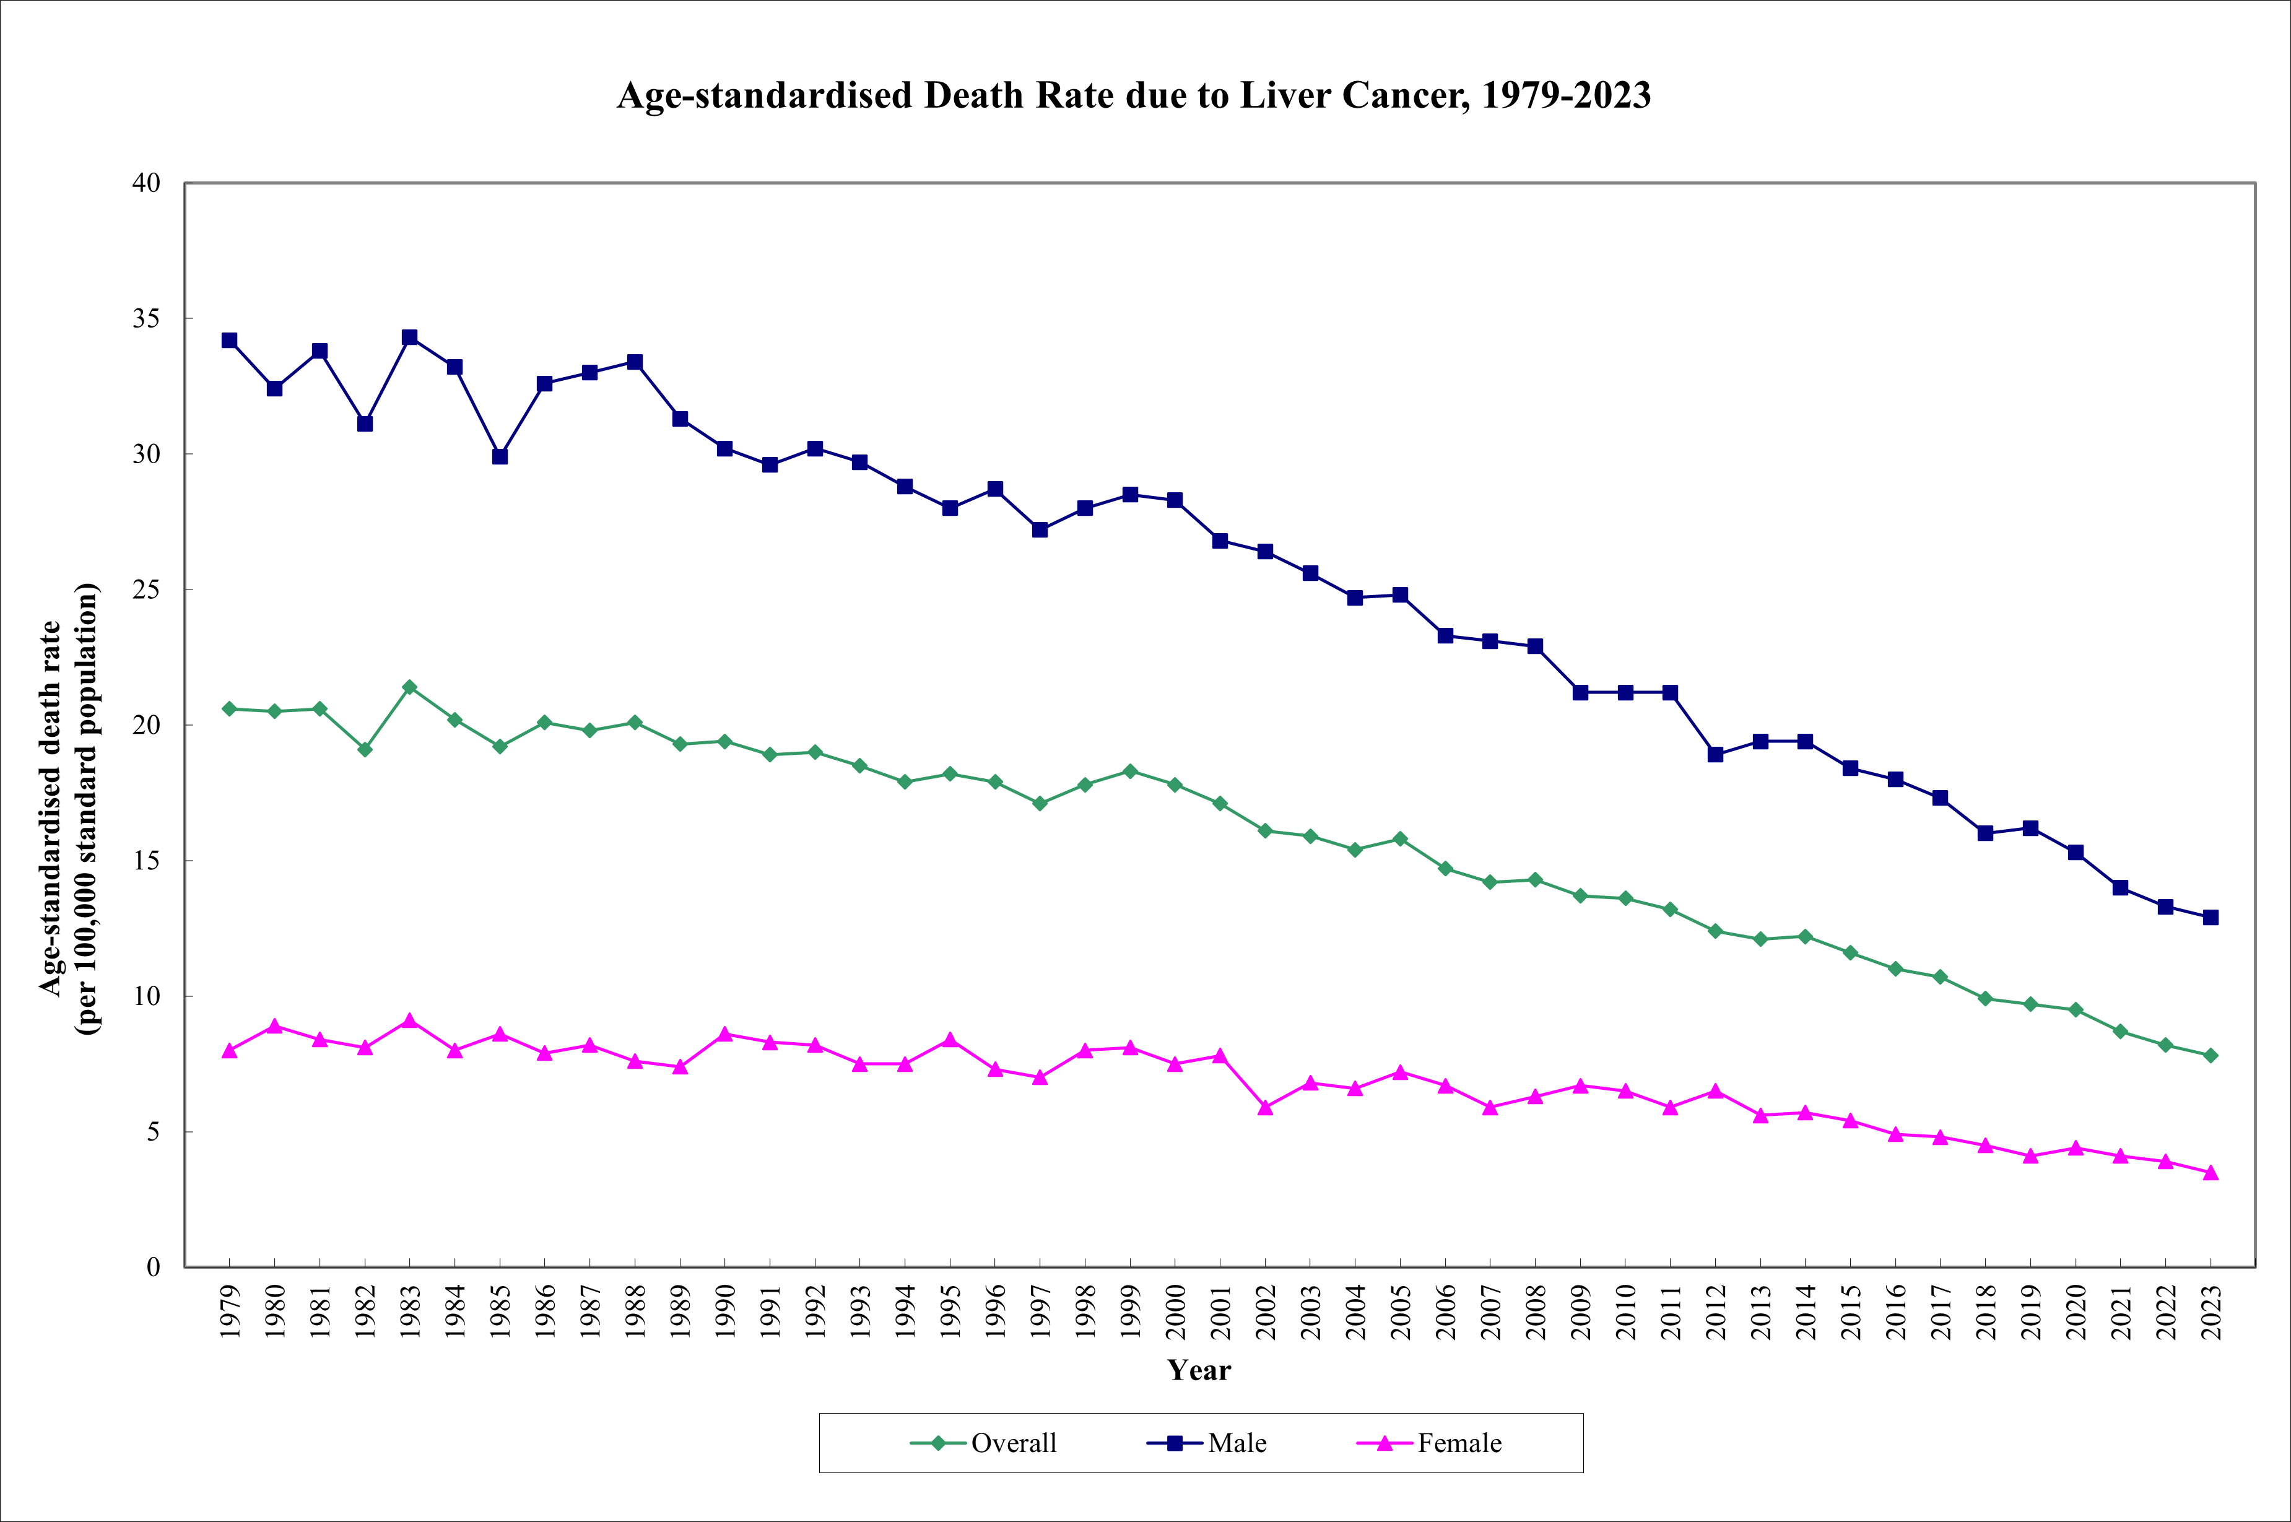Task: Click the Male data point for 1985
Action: coord(500,456)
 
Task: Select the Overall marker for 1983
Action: coord(409,687)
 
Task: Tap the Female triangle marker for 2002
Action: coord(1266,1108)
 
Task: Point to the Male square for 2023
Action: coord(2211,917)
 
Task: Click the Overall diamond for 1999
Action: coord(1131,771)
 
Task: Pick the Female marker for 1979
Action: coord(230,1050)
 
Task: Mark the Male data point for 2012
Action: coord(1716,754)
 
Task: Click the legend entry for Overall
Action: coord(984,1443)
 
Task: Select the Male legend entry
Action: coord(1207,1443)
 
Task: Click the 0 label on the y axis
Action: coord(154,1267)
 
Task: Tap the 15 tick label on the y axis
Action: coord(147,861)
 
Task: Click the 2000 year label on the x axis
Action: coord(1176,1312)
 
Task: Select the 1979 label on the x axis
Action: coord(230,1312)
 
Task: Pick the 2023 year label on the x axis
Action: coord(2211,1312)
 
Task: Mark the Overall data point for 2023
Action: coord(2211,1055)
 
